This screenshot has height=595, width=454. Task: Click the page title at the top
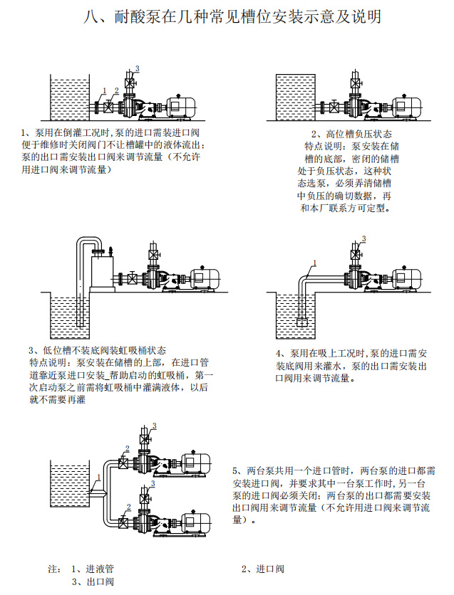[227, 16]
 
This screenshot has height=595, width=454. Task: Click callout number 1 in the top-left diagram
[103, 90]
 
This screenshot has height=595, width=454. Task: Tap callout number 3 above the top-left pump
[138, 68]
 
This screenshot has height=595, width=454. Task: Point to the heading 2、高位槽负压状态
[351, 134]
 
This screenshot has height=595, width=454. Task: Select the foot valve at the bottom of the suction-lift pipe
[302, 322]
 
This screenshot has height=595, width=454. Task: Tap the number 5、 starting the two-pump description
[239, 471]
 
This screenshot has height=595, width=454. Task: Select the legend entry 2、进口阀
[263, 569]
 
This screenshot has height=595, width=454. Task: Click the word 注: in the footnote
[54, 569]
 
